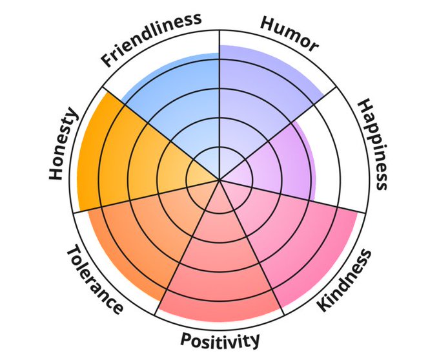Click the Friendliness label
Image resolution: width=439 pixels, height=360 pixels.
pos(150,40)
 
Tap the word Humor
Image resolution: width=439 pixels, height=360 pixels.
pos(289,34)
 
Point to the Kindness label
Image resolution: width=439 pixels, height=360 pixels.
pos(345,280)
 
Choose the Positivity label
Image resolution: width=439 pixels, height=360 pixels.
pos(221,339)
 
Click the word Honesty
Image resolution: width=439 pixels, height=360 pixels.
pos(63,145)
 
